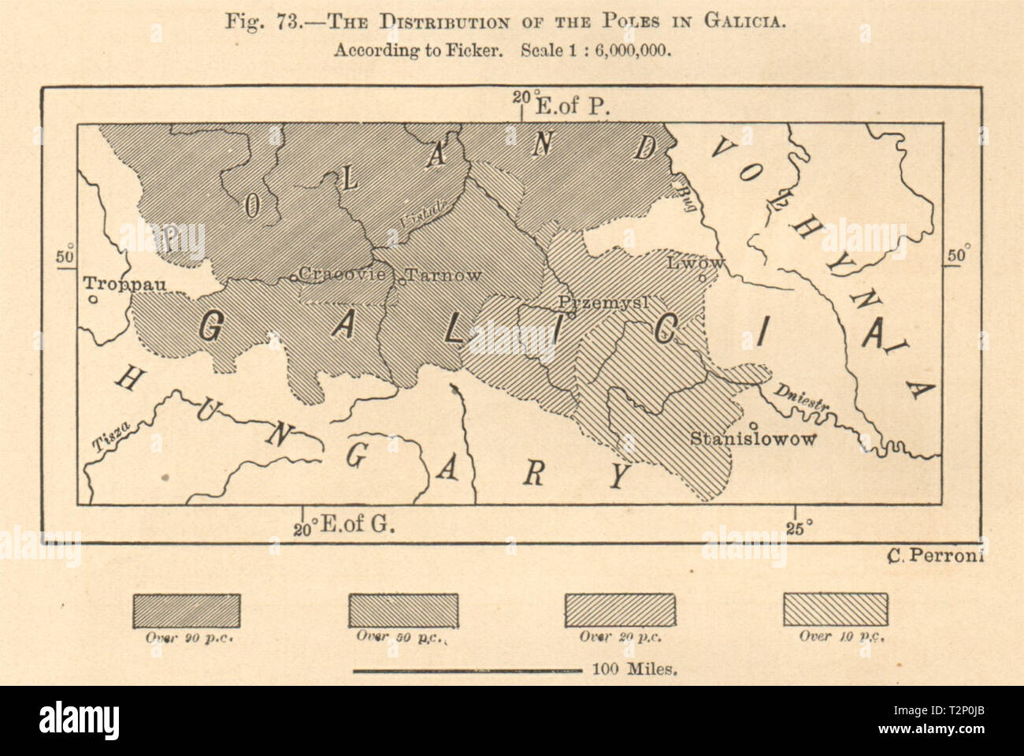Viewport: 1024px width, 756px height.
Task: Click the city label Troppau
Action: (x=124, y=285)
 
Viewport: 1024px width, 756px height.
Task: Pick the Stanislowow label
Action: (x=752, y=439)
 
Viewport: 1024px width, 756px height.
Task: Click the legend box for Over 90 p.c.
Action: (x=186, y=610)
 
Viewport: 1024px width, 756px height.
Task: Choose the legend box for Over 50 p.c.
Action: (x=403, y=610)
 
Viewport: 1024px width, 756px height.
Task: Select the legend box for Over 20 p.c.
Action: (x=620, y=610)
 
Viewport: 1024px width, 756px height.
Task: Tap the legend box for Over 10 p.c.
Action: (x=837, y=610)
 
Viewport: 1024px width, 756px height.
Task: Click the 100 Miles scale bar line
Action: (x=468, y=672)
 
